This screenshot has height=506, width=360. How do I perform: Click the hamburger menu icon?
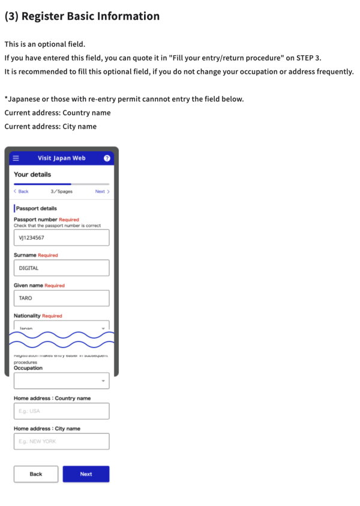click(16, 158)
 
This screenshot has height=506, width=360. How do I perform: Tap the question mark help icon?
click(107, 158)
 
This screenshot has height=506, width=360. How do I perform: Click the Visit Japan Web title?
click(62, 158)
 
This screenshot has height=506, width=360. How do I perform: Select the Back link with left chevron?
click(21, 191)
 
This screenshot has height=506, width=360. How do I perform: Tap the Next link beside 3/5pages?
click(102, 191)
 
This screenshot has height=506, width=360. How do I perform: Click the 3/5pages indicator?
click(61, 191)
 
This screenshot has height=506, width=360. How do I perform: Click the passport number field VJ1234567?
click(61, 238)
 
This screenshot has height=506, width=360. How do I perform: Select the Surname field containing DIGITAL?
click(61, 268)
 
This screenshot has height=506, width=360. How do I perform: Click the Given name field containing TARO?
click(61, 298)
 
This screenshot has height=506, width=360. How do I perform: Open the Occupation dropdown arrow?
click(103, 381)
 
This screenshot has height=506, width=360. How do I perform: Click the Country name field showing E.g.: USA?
click(61, 411)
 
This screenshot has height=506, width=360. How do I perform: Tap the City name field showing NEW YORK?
click(61, 441)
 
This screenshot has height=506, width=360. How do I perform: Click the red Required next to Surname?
click(48, 255)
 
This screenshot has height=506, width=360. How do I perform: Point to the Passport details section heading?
click(37, 208)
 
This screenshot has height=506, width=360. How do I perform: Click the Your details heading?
click(32, 175)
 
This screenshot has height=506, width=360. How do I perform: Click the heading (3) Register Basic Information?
click(82, 16)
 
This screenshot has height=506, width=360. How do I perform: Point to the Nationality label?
click(27, 315)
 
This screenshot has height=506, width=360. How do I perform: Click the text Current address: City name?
click(50, 127)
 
